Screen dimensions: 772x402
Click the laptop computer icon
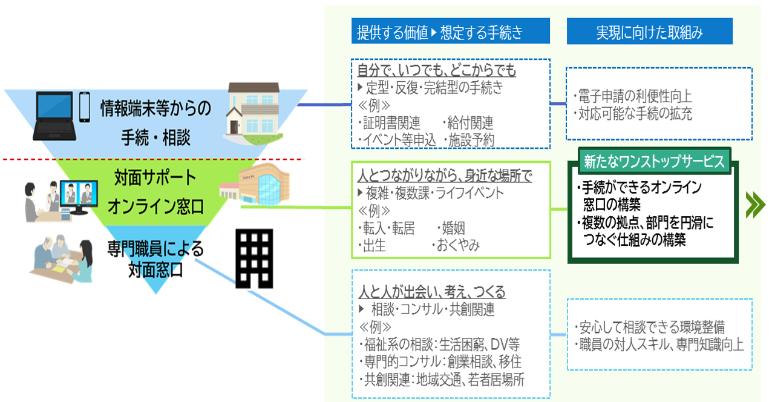click(54, 116)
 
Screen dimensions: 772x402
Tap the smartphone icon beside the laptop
click(85, 107)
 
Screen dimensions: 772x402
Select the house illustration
click(254, 113)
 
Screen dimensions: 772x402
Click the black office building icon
click(254, 259)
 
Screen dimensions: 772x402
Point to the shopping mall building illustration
click(255, 185)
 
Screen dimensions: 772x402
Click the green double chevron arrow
click(756, 205)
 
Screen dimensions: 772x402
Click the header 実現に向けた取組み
click(650, 31)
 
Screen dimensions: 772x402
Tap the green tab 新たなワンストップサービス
click(654, 162)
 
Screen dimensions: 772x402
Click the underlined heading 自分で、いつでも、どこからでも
click(437, 70)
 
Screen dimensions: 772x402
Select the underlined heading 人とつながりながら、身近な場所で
click(445, 176)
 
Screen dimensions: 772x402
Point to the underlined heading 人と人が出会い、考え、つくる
click(432, 292)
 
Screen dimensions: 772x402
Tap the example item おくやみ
click(456, 245)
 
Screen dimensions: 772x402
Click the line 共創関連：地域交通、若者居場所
click(442, 380)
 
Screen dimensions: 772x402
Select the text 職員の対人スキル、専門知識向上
click(659, 344)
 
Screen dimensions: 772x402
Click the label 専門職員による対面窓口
click(155, 259)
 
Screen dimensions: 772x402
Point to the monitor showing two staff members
click(79, 197)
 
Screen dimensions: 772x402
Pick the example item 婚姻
click(451, 228)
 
